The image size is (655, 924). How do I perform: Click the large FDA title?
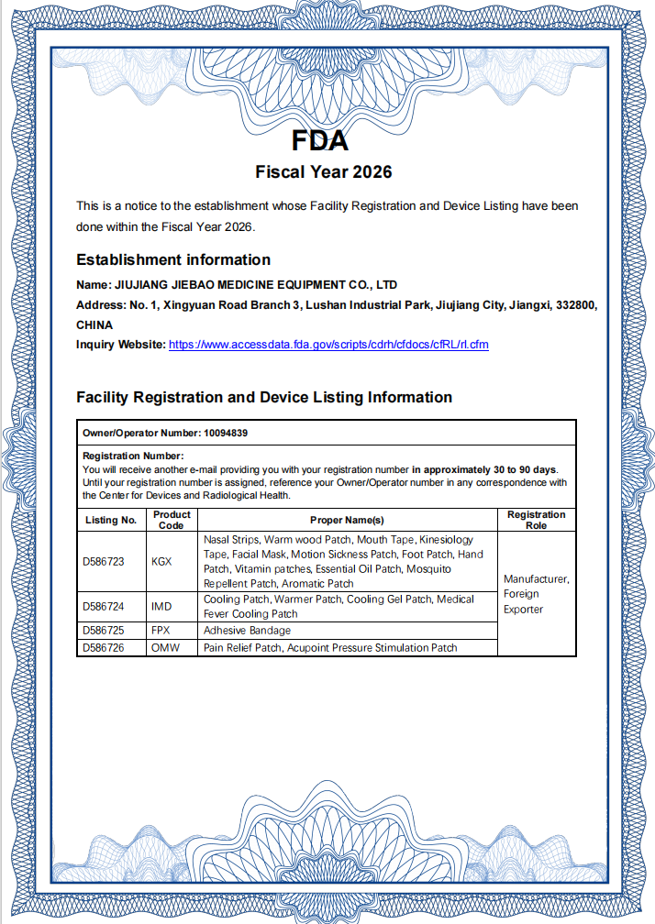[x=320, y=141]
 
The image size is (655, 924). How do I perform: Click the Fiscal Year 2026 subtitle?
[x=324, y=171]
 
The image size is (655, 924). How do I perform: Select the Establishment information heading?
[x=173, y=259]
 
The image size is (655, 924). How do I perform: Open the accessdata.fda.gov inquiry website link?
[x=328, y=345]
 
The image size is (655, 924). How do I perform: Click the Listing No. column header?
[x=109, y=520]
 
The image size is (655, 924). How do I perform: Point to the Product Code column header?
[x=172, y=520]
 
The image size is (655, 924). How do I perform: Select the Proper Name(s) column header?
[x=347, y=520]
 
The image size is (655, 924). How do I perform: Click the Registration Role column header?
[x=536, y=520]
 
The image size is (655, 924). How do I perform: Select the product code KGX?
[x=161, y=561]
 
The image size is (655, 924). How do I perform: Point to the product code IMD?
[x=161, y=606]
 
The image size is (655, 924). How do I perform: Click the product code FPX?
[x=161, y=631]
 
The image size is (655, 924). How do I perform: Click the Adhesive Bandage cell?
[x=247, y=631]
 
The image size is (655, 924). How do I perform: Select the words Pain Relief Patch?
[x=242, y=648]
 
